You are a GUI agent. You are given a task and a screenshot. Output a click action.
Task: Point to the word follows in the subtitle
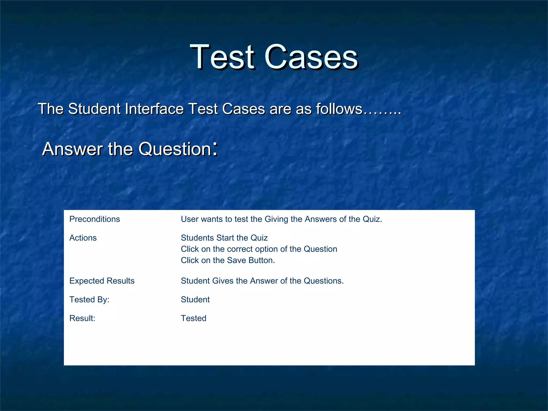click(x=339, y=109)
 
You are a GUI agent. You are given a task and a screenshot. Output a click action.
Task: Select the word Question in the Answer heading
click(x=175, y=149)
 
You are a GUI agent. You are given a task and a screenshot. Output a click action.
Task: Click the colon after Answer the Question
click(x=215, y=149)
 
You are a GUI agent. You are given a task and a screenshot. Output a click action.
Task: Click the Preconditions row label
click(x=94, y=219)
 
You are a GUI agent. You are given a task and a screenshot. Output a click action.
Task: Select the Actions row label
click(x=83, y=238)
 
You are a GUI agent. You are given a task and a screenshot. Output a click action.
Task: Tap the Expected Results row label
click(x=102, y=281)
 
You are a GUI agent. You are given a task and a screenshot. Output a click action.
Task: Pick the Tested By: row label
click(x=89, y=300)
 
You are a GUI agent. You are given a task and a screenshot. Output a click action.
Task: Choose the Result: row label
click(x=82, y=318)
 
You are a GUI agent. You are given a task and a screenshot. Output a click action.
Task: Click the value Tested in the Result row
click(x=193, y=318)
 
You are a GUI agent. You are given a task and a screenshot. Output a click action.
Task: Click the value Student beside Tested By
click(x=195, y=300)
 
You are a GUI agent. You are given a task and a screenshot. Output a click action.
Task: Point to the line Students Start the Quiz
click(x=224, y=238)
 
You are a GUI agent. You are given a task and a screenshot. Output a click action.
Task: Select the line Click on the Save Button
click(x=228, y=260)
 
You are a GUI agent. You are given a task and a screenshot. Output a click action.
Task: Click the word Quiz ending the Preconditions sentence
click(x=372, y=219)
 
